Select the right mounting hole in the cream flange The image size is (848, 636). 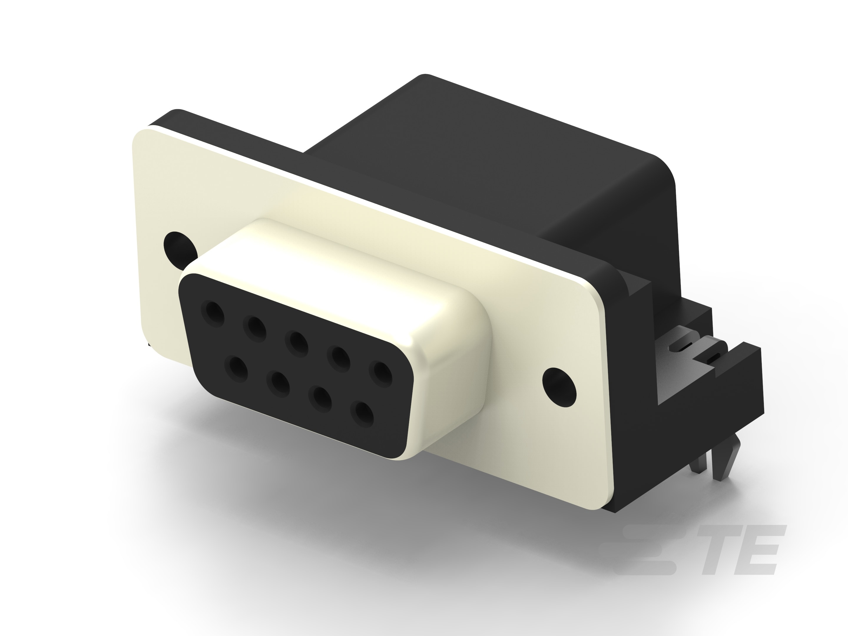pyautogui.click(x=560, y=385)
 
